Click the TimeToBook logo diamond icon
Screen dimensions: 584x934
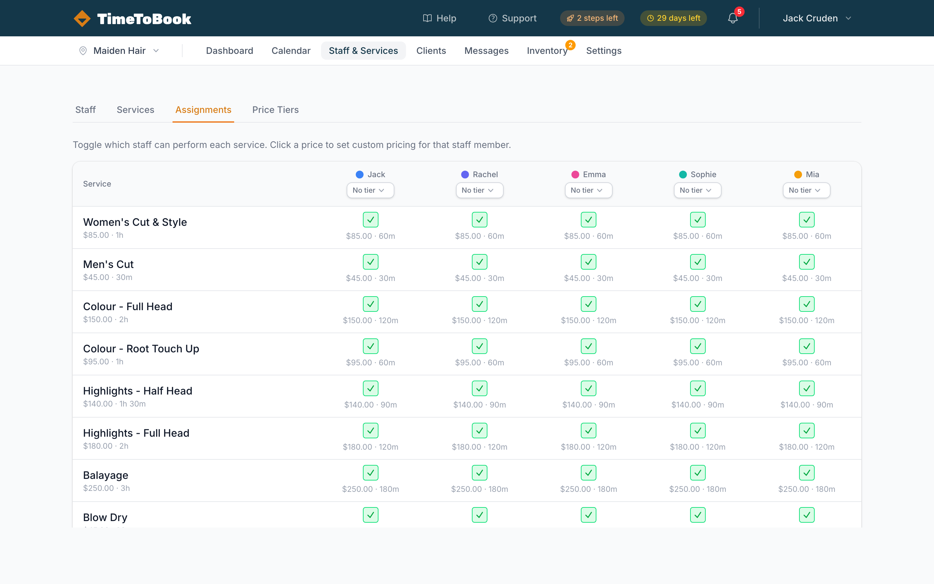point(82,18)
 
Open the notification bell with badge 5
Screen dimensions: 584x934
point(733,18)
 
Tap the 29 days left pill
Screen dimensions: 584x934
point(673,18)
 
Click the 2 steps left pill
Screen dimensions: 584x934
point(592,18)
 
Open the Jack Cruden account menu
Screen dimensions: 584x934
point(816,18)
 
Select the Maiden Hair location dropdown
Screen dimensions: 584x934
point(119,51)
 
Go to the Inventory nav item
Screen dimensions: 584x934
point(546,51)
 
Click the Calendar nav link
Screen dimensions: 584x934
point(291,51)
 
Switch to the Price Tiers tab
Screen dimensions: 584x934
point(275,110)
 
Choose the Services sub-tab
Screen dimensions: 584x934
point(135,110)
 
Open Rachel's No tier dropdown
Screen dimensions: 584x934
point(479,190)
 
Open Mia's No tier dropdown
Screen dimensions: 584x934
point(806,190)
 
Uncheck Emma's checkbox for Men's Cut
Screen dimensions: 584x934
point(588,262)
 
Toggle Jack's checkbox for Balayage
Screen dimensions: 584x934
point(370,473)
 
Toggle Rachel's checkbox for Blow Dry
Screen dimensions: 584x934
point(479,515)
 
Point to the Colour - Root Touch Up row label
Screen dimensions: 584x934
point(141,348)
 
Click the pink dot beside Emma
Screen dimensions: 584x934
point(575,175)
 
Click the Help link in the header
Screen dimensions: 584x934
point(440,18)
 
